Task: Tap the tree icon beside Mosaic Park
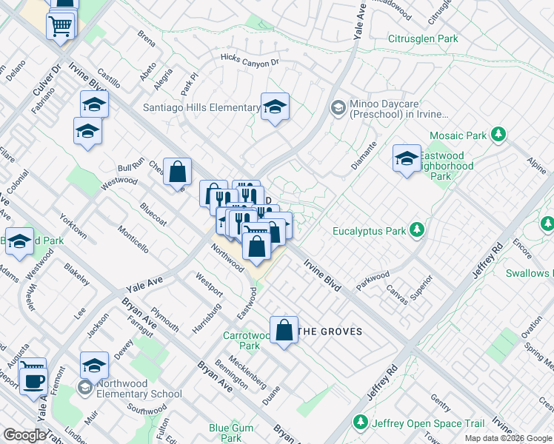click(x=500, y=135)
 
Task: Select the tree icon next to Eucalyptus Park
click(x=418, y=230)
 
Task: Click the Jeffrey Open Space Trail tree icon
click(x=361, y=423)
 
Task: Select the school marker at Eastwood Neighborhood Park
click(x=407, y=158)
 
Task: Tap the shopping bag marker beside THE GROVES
click(x=284, y=330)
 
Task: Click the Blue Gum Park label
click(x=231, y=428)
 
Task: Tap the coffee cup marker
click(x=32, y=380)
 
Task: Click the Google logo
click(x=24, y=436)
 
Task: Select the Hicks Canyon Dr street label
click(x=249, y=59)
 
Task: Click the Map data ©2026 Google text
click(x=509, y=438)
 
